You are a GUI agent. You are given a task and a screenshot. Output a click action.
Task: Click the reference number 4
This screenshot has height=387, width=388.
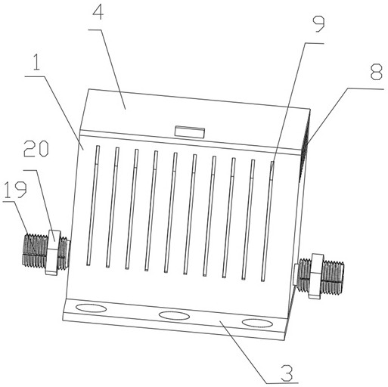point(98,13)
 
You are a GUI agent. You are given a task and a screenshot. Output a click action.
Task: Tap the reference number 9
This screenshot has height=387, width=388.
point(318,24)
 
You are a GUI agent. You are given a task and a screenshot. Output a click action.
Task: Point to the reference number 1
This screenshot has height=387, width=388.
point(36,62)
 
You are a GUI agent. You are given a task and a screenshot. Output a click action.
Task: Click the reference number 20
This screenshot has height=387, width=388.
point(36,149)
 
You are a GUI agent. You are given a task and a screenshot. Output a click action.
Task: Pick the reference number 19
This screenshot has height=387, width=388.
point(15,190)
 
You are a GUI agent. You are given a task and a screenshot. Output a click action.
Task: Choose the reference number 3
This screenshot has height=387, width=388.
point(287,373)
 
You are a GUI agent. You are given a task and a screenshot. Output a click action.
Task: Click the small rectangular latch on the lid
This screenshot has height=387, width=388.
point(190,132)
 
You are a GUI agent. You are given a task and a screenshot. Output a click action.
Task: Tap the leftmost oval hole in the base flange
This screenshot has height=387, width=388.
point(91,308)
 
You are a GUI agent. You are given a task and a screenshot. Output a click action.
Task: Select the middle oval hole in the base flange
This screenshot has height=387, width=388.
point(174,316)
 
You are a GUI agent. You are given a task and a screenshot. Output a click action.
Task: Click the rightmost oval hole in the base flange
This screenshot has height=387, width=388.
point(257,323)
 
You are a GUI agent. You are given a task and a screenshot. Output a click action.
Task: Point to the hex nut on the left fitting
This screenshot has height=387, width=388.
point(53,252)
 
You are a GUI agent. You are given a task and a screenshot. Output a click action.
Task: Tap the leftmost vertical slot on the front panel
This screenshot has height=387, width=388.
point(93,206)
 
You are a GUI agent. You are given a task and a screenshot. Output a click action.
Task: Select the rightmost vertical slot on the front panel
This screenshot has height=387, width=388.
point(268,221)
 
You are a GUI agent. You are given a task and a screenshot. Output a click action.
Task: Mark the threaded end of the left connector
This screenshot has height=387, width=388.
point(35,250)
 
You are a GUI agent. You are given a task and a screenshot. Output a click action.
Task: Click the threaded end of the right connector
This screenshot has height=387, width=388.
point(334,277)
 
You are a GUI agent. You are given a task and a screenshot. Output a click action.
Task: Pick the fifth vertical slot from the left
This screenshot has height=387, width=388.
point(171,212)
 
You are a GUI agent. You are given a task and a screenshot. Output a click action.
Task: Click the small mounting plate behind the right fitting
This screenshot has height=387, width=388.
point(295,274)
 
